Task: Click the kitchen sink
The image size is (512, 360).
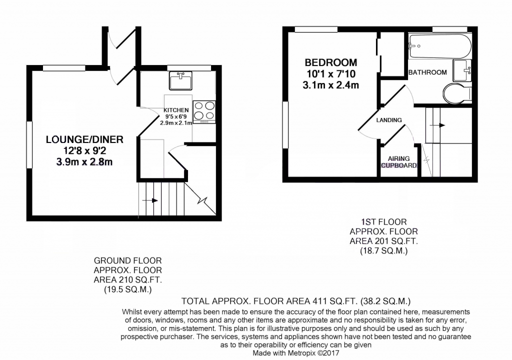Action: pyautogui.click(x=180, y=80)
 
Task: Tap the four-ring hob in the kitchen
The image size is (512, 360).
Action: pyautogui.click(x=204, y=112)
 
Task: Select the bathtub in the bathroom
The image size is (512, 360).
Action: pyautogui.click(x=440, y=46)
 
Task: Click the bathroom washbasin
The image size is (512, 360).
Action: pyautogui.click(x=462, y=70)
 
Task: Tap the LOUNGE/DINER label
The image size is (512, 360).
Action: pyautogui.click(x=84, y=139)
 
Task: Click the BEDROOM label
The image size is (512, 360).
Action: pyautogui.click(x=331, y=62)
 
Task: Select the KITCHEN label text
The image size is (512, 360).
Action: pyautogui.click(x=176, y=110)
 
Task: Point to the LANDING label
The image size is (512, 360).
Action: pyautogui.click(x=389, y=120)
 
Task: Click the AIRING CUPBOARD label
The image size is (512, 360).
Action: pyautogui.click(x=399, y=162)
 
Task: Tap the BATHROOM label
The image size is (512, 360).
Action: pyautogui.click(x=427, y=72)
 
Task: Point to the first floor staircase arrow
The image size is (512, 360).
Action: pyautogui.click(x=437, y=125)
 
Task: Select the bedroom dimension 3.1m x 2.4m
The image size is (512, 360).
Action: pyautogui.click(x=331, y=85)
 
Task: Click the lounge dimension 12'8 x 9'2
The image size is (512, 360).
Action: pyautogui.click(x=84, y=151)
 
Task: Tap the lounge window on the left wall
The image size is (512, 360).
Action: pyautogui.click(x=29, y=144)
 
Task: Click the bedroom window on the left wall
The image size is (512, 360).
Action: pyautogui.click(x=285, y=125)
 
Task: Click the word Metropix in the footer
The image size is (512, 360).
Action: pyautogui.click(x=300, y=353)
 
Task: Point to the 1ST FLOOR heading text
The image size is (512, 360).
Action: pyautogui.click(x=383, y=222)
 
